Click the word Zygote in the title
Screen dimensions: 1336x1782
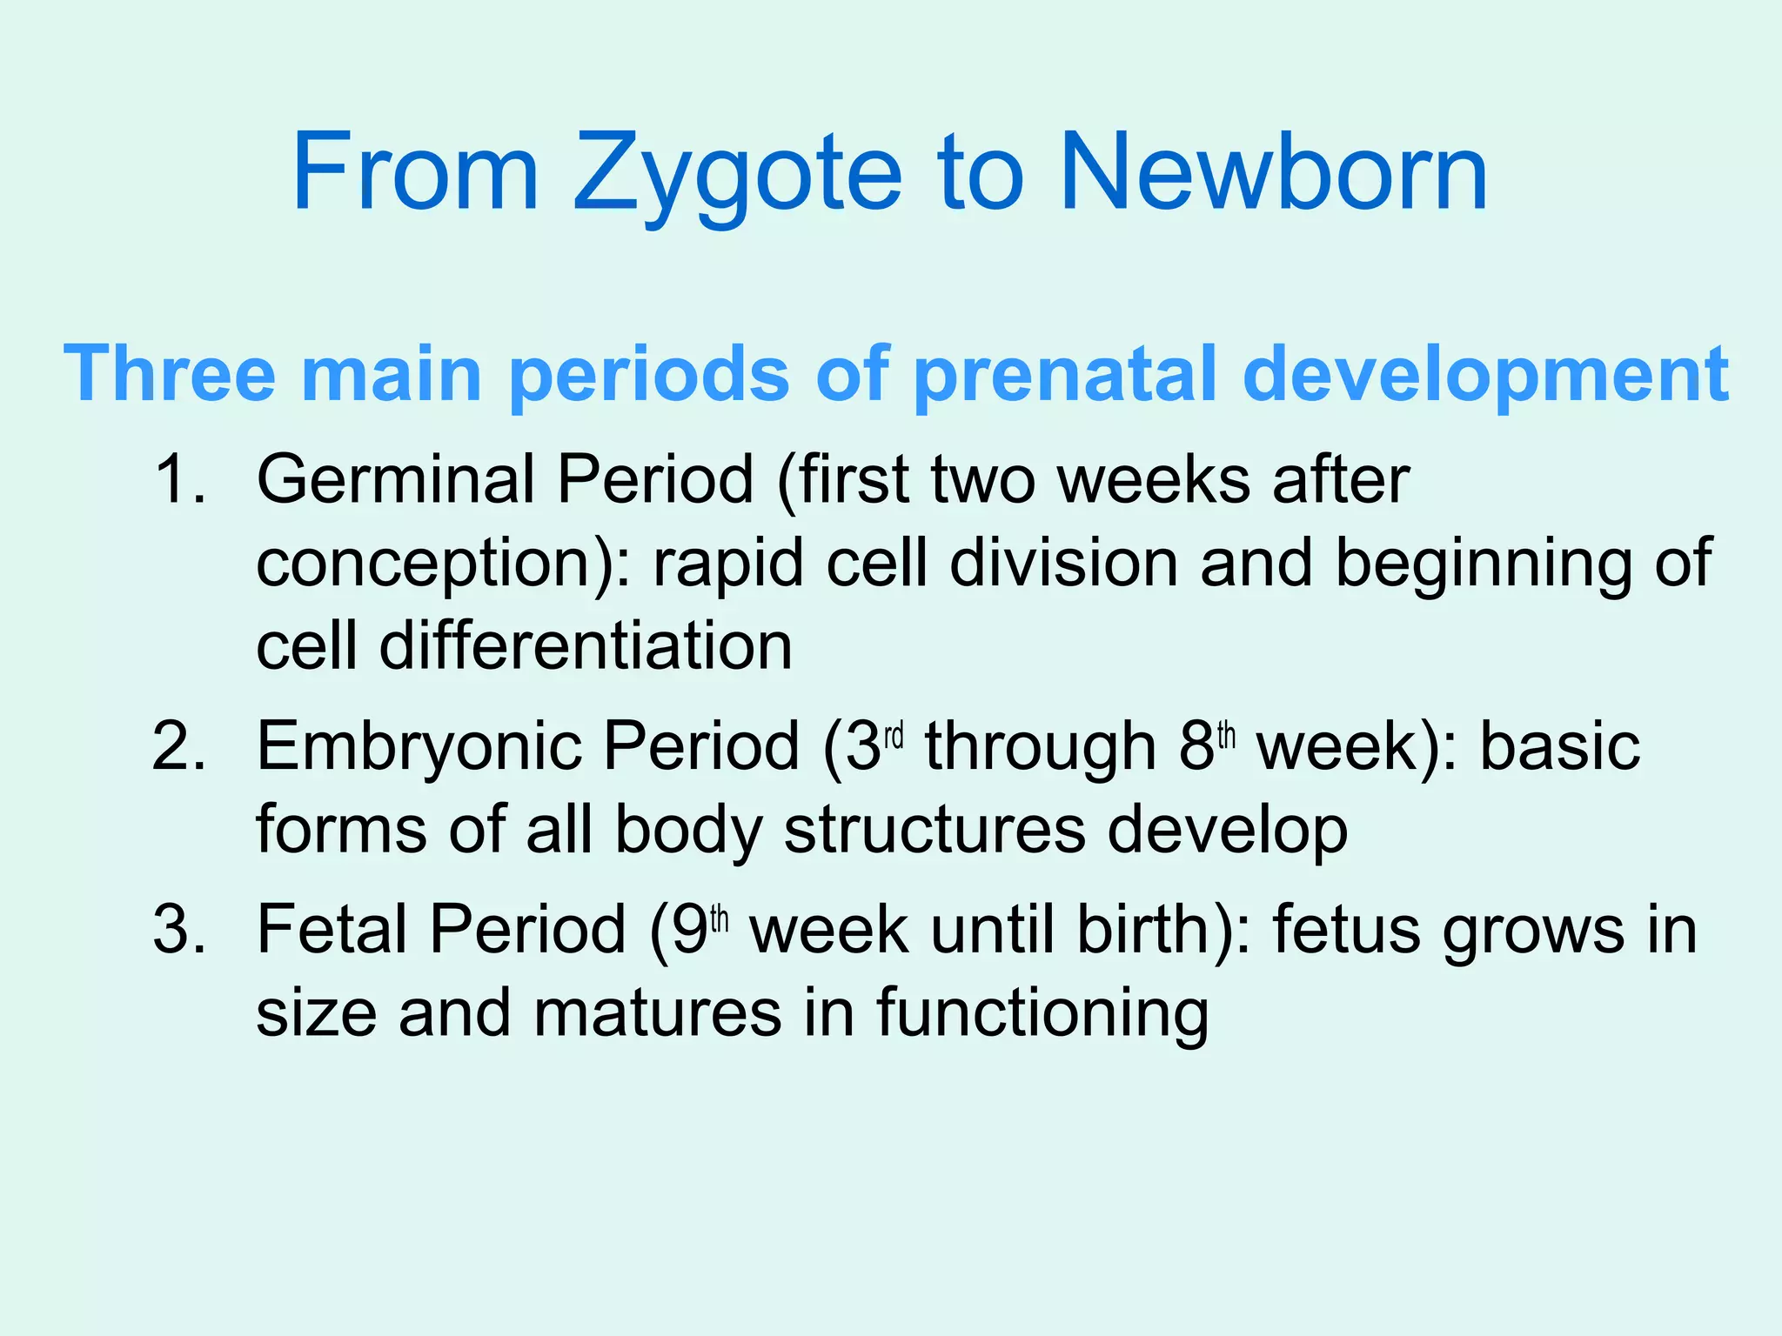[737, 174]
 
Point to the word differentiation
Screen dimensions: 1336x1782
[586, 646]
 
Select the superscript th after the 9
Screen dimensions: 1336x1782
[719, 919]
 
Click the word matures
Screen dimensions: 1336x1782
[657, 1014]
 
